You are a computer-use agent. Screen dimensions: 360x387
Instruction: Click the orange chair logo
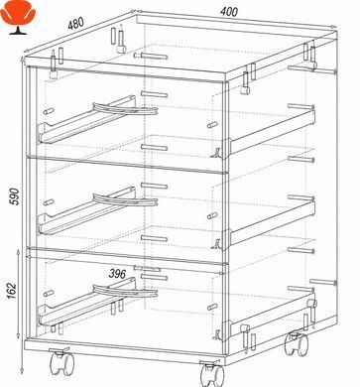coord(18,21)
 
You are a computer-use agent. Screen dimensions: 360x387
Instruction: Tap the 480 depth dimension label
coord(76,24)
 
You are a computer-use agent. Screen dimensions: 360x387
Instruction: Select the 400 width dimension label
coord(229,12)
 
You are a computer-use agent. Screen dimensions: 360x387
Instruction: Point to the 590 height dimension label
coord(15,196)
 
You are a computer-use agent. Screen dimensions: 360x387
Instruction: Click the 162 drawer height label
coord(12,291)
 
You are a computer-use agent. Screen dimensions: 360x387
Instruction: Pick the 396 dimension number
coord(117,274)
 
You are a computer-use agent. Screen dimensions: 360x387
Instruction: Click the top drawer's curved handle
coord(125,109)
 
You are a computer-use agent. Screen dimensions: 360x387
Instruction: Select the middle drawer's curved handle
coord(125,200)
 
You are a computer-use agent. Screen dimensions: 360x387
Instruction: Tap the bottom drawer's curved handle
coord(125,291)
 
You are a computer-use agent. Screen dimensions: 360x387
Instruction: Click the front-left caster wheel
coord(61,361)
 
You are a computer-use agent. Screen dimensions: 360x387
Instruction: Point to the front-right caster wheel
coord(212,374)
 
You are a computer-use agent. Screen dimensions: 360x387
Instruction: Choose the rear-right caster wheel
coord(297,343)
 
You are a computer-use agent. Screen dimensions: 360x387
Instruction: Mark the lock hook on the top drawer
coord(217,153)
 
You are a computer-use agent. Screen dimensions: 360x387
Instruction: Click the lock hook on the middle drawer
coord(217,243)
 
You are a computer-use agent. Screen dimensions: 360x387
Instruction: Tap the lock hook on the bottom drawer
coord(217,334)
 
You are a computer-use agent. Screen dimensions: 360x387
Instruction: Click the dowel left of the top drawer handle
coord(49,111)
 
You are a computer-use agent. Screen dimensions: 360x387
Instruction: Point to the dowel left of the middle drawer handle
coord(49,202)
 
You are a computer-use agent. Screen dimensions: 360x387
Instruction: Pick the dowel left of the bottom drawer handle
coord(49,294)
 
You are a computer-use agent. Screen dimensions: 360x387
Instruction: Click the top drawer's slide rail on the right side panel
coord(272,132)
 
